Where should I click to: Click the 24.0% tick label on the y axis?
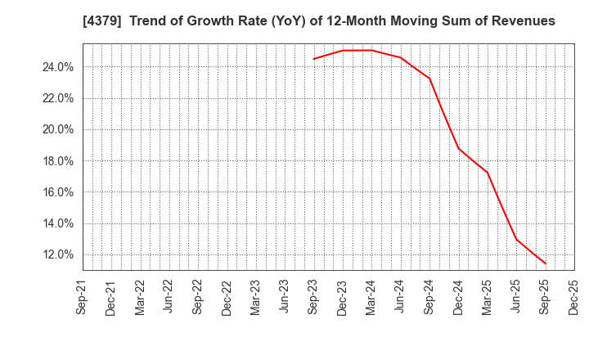[57, 67]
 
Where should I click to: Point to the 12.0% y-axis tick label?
[57, 255]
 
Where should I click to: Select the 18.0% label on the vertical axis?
[57, 161]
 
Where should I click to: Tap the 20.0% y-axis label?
[57, 130]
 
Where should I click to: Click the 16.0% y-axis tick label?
[57, 192]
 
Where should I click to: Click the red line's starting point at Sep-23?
[313, 59]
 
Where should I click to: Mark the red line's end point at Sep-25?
[545, 263]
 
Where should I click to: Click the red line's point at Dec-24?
[458, 148]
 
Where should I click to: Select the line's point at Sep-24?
[429, 79]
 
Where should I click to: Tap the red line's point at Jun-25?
[516, 239]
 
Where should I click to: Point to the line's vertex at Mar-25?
[488, 173]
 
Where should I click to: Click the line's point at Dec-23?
[343, 51]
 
